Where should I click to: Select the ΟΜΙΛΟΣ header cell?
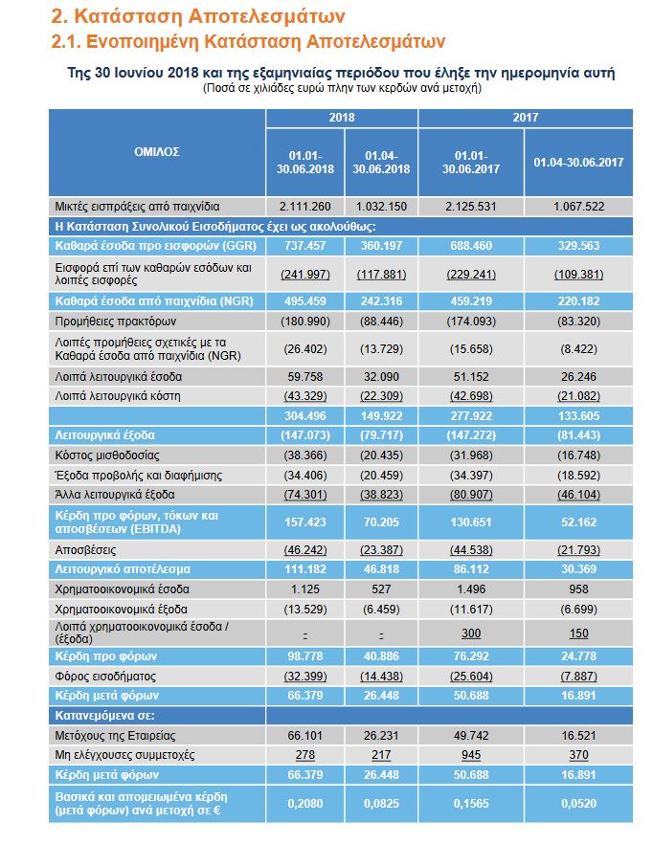pos(157,151)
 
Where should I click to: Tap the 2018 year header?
pos(342,118)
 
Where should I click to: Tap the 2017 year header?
pos(525,118)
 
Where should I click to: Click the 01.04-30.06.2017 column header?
pos(578,163)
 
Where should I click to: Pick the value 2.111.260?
pos(305,206)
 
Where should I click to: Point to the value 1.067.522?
pos(578,206)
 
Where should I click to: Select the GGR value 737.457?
pos(305,245)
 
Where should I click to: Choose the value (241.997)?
pos(305,275)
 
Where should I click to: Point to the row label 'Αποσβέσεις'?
pos(86,551)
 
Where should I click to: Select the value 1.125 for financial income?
pos(305,589)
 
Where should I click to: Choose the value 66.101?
pos(305,735)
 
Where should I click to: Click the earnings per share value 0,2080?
pos(305,803)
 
